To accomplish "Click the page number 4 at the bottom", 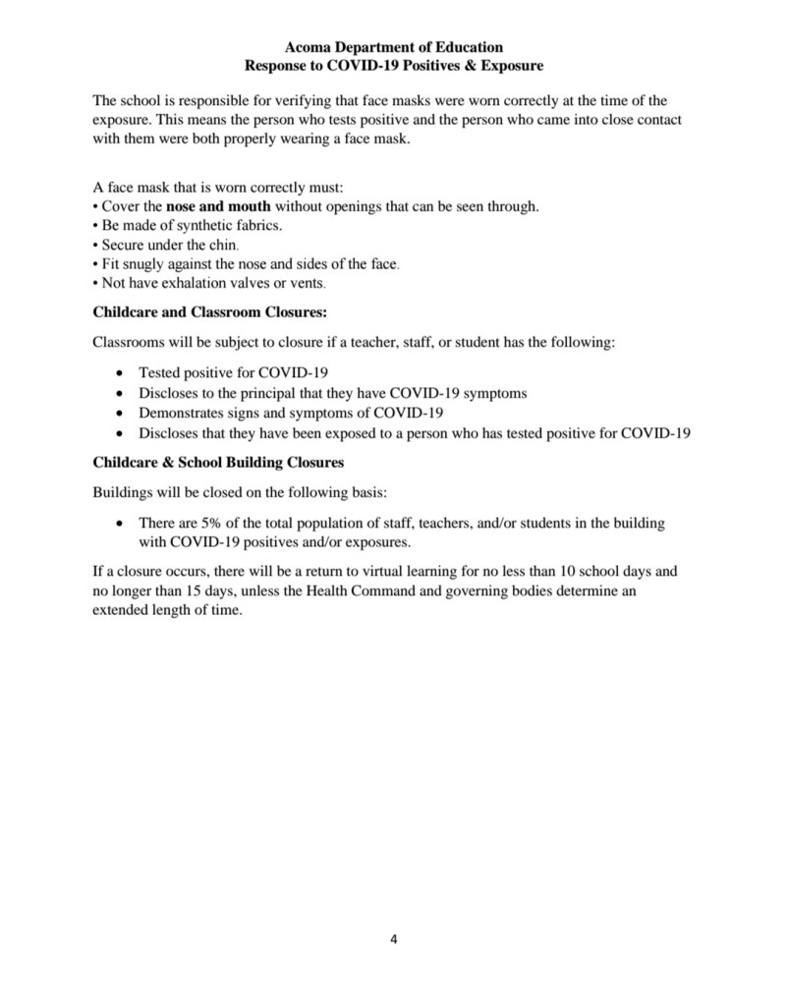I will [394, 938].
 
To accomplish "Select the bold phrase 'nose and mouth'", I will [218, 207].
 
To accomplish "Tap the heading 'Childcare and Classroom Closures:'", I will [209, 311].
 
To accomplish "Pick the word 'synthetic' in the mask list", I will [194, 226].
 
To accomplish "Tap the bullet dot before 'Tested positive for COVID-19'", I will [120, 374].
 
